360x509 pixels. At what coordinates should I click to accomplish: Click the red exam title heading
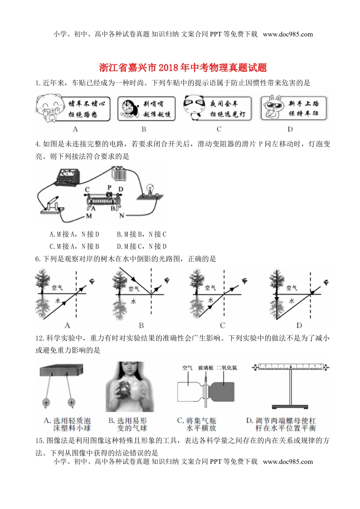tap(183, 68)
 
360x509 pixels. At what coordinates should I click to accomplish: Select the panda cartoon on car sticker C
tap(194, 107)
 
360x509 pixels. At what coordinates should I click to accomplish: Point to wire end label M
tap(89, 216)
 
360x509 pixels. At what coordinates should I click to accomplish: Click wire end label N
tap(121, 215)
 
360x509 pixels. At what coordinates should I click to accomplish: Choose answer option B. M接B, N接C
tap(141, 234)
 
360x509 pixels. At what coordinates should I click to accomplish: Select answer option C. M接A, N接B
tap(74, 247)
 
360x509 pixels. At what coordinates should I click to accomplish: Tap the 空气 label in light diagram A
tap(57, 288)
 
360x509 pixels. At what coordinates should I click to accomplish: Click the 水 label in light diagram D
tap(291, 301)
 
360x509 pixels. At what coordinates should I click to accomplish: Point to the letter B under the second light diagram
tap(141, 325)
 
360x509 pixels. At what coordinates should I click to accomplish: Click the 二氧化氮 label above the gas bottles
tap(227, 368)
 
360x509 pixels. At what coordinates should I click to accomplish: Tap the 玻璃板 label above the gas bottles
tap(205, 368)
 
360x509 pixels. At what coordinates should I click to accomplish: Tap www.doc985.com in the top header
tap(288, 34)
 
